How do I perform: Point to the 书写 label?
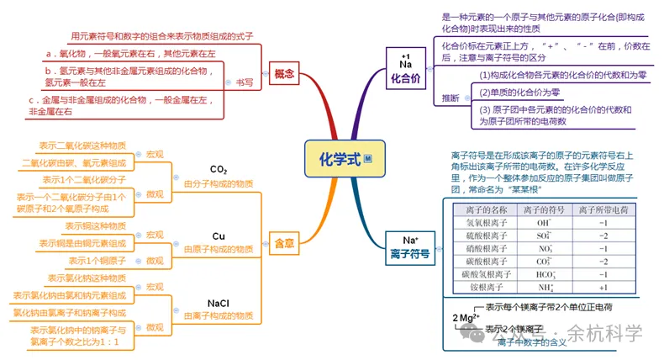(x=244, y=82)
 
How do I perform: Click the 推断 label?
(x=451, y=98)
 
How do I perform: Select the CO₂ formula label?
(x=219, y=169)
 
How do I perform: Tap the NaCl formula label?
(x=219, y=303)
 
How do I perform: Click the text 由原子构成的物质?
(x=219, y=249)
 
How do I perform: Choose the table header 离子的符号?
(x=544, y=209)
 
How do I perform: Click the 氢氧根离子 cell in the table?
(x=487, y=223)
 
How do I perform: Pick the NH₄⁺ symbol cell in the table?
(x=544, y=288)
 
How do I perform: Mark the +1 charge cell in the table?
(x=603, y=288)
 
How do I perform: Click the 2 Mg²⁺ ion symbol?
(x=465, y=318)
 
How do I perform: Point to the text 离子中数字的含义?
(x=531, y=342)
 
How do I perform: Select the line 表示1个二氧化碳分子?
(x=84, y=180)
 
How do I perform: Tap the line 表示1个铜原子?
(x=97, y=260)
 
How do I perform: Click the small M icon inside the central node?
(x=368, y=160)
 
